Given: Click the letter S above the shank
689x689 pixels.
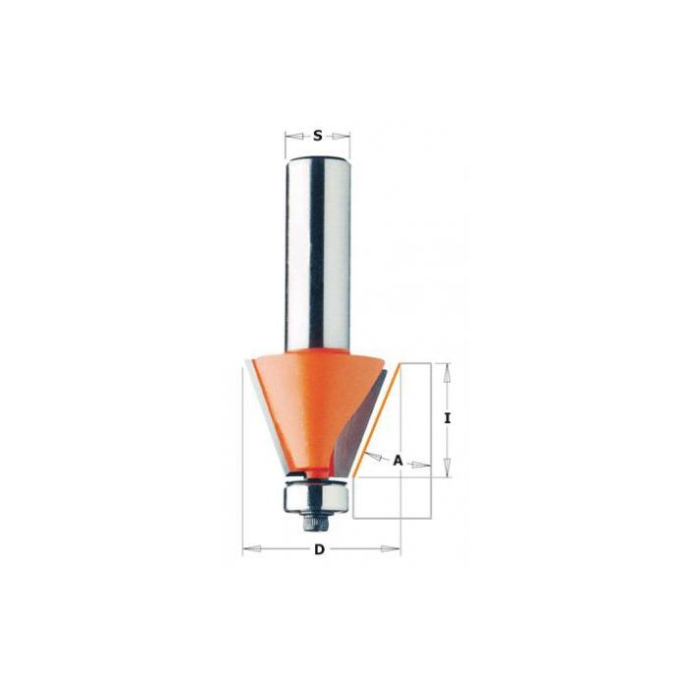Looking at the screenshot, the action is tap(317, 136).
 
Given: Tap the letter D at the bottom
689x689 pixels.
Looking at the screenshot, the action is tap(319, 549).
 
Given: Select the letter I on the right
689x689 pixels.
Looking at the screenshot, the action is tap(447, 419).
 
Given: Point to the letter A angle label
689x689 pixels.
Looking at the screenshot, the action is tap(398, 461).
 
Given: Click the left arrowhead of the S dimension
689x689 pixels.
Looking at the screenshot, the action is tap(293, 137).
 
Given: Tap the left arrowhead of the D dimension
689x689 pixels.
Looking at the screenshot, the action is tap(251, 549).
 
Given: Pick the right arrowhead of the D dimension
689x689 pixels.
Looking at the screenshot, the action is tap(391, 549).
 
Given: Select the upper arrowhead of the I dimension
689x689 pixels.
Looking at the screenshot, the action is tap(447, 373).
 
